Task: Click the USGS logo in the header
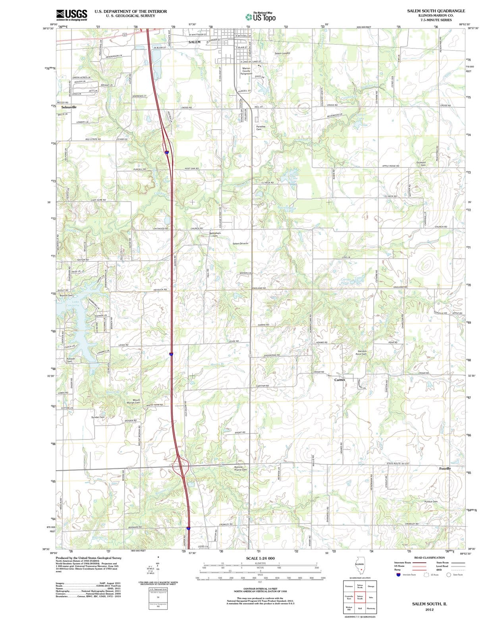coord(71,14)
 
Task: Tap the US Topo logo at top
coord(261,17)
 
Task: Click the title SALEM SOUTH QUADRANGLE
coord(436,11)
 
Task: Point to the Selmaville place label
coord(69,107)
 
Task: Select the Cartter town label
coord(340,380)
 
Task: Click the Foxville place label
coord(445,469)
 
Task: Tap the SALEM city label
coord(194,42)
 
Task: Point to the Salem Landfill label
coord(282,53)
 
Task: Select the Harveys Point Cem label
coord(361,352)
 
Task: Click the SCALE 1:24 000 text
coord(260,558)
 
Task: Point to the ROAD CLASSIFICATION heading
coord(430,558)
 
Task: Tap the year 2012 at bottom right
coord(429,609)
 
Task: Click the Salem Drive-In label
coord(241,243)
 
